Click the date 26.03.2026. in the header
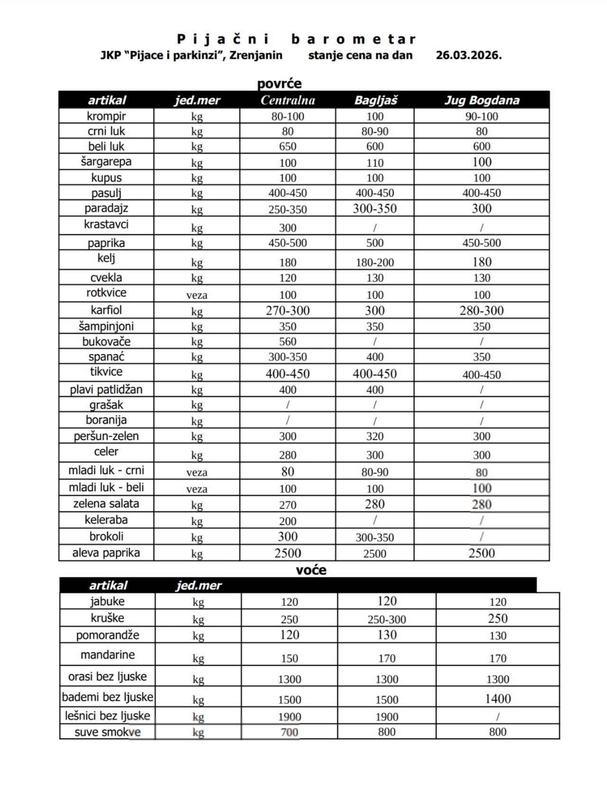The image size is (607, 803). (x=469, y=55)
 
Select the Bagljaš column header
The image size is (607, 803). (x=376, y=100)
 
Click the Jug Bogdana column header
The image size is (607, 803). (x=482, y=100)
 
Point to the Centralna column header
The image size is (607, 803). (x=288, y=100)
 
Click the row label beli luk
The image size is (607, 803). (x=106, y=146)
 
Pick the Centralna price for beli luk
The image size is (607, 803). (x=288, y=146)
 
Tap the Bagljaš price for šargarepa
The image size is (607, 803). (x=375, y=163)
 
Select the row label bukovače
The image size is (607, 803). (x=106, y=342)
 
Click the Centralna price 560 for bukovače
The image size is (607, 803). (x=288, y=342)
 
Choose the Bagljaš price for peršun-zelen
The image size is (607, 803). (x=375, y=436)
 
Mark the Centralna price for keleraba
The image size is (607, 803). (x=288, y=521)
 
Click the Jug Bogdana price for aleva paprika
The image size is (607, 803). (x=481, y=553)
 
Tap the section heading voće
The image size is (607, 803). (x=311, y=570)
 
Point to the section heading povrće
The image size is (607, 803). (x=279, y=84)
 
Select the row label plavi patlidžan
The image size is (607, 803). (x=106, y=390)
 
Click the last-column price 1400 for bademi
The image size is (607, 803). (x=497, y=699)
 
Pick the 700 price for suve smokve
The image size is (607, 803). (x=289, y=732)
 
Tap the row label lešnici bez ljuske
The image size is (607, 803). (x=108, y=716)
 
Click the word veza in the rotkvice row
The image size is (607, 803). (x=197, y=295)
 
